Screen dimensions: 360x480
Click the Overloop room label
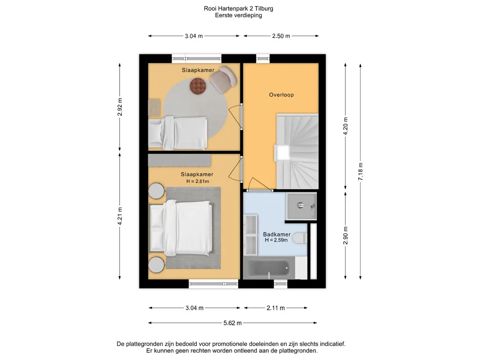[x=281, y=95]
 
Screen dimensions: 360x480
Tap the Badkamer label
[x=277, y=234]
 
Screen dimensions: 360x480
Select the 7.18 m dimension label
[x=360, y=172]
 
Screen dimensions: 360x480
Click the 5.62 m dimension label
[x=232, y=323]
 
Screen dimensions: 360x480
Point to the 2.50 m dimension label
[x=281, y=36]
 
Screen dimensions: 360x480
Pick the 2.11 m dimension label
[x=276, y=308]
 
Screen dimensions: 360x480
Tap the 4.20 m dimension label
[x=345, y=126]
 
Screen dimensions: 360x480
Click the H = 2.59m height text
[x=276, y=240]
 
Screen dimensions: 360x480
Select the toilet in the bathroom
[x=299, y=238]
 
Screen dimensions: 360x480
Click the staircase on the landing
[x=296, y=150]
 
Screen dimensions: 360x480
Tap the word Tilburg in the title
[x=264, y=8]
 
